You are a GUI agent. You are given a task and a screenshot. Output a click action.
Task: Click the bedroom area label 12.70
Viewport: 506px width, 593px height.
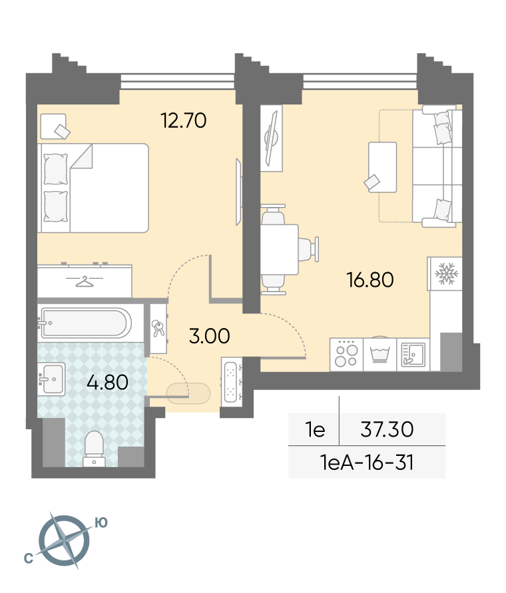click(x=184, y=120)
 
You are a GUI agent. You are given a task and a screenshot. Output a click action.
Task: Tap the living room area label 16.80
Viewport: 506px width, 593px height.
click(x=370, y=280)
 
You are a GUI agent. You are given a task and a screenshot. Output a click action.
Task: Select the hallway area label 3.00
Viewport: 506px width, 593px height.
click(x=209, y=336)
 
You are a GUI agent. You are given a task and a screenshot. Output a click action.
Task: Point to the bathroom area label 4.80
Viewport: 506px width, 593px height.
click(x=107, y=382)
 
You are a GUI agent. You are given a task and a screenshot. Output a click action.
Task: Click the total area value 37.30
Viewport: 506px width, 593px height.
click(x=387, y=429)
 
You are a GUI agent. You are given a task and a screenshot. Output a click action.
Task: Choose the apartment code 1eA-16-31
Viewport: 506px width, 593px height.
click(x=366, y=462)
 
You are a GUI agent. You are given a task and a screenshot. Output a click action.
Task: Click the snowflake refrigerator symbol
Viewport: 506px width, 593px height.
click(x=447, y=274)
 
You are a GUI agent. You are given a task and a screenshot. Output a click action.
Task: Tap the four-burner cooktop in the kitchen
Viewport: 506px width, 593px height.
click(x=346, y=355)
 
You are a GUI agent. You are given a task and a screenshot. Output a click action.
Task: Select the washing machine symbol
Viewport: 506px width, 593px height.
click(x=379, y=355)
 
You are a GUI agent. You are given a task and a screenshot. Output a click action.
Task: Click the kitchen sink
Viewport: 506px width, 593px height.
click(x=413, y=355)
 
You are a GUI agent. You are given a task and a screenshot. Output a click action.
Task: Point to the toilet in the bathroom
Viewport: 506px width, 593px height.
click(x=94, y=449)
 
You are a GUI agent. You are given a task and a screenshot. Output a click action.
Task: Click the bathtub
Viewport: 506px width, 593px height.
click(x=87, y=323)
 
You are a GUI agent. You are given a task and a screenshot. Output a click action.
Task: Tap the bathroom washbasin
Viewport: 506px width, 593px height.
click(x=51, y=379)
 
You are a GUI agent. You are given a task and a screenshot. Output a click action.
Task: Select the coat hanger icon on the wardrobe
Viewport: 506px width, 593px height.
click(x=85, y=282)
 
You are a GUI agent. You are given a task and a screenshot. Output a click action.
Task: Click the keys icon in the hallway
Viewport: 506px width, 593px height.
click(x=158, y=328)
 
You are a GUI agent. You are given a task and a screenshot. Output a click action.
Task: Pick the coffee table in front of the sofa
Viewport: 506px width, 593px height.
click(x=382, y=167)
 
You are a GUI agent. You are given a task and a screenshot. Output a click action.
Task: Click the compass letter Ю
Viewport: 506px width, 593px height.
click(x=101, y=523)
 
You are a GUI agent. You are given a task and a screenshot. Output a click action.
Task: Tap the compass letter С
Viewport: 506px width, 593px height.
click(x=28, y=558)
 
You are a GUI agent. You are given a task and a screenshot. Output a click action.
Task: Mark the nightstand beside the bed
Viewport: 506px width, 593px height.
click(x=53, y=126)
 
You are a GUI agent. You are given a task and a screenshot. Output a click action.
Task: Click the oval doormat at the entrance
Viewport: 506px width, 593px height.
click(x=188, y=393)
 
